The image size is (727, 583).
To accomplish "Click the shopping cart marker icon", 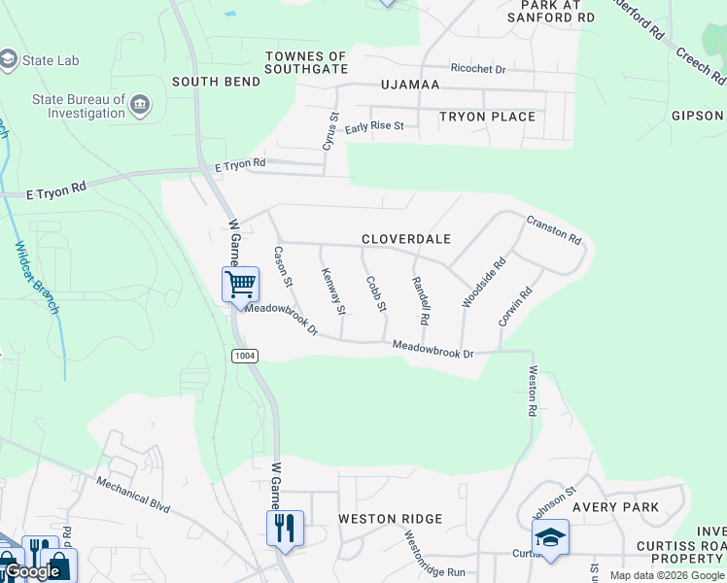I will pyautogui.click(x=240, y=284).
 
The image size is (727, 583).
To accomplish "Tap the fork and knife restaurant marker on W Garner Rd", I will pyautogui.click(x=285, y=528).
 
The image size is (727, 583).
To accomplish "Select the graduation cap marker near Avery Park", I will pyautogui.click(x=550, y=536).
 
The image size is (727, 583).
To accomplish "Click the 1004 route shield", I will pyautogui.click(x=245, y=356).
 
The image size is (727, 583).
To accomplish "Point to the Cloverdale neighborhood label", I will pyautogui.click(x=406, y=239).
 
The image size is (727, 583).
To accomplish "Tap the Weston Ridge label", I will pyautogui.click(x=390, y=519).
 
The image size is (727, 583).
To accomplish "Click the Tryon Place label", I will pyautogui.click(x=487, y=117).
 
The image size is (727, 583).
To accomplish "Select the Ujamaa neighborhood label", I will pyautogui.click(x=410, y=85).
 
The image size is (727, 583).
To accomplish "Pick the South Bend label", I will pyautogui.click(x=216, y=82).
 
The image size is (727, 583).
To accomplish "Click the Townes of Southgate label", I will pyautogui.click(x=306, y=63).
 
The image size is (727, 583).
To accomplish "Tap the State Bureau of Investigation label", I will pyautogui.click(x=79, y=106).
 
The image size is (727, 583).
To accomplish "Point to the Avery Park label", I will pyautogui.click(x=615, y=507).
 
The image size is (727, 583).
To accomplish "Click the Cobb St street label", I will pyautogui.click(x=376, y=294).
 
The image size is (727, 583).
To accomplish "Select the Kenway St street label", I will pyautogui.click(x=333, y=291).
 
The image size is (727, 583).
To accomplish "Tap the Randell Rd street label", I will pyautogui.click(x=420, y=300).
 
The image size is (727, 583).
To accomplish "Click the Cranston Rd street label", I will pyautogui.click(x=554, y=230).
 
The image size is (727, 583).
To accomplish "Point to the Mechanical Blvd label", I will pyautogui.click(x=133, y=493).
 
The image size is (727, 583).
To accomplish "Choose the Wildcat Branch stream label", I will pyautogui.click(x=37, y=277).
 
